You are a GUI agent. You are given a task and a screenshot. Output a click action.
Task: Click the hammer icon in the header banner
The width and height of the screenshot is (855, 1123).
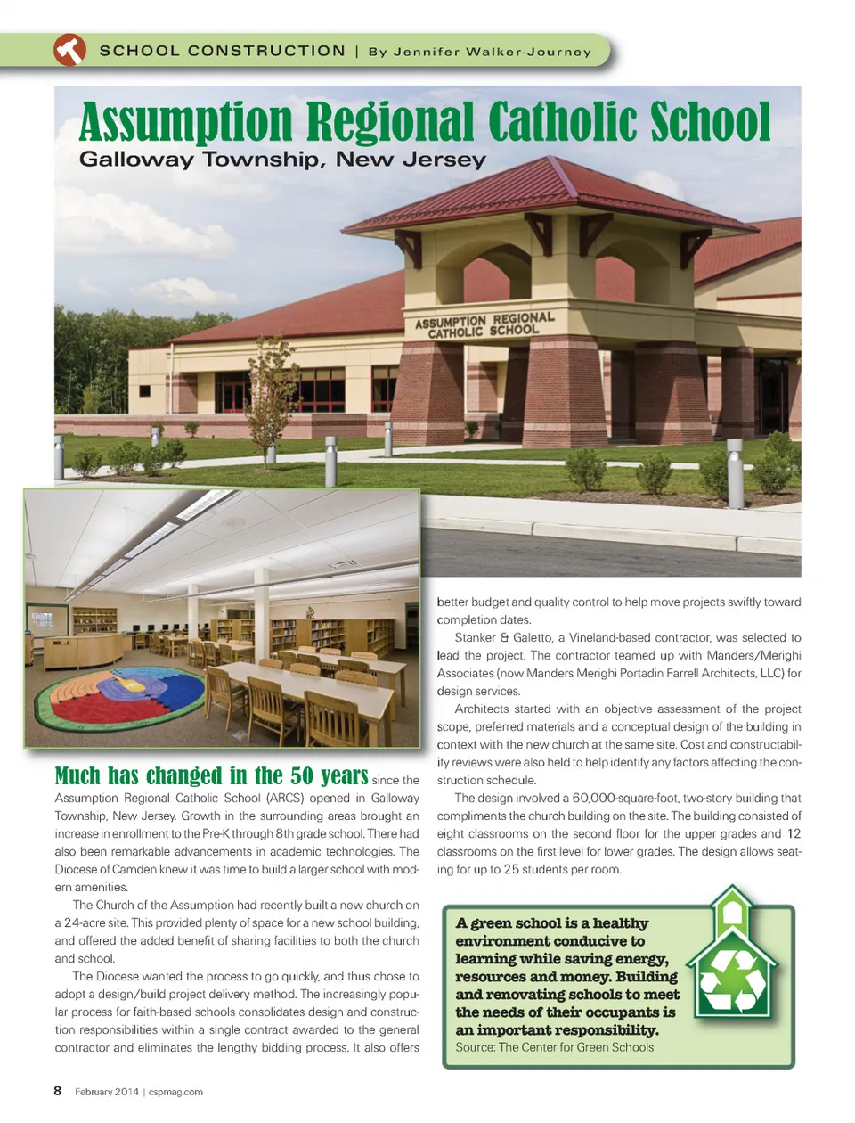pyautogui.click(x=69, y=50)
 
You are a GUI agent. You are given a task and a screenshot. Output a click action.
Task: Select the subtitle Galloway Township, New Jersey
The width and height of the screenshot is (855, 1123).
pyautogui.click(x=282, y=160)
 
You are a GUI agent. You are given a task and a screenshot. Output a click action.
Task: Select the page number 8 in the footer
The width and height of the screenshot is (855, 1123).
pyautogui.click(x=58, y=1091)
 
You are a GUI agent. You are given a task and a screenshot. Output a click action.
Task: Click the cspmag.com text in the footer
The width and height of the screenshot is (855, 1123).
pyautogui.click(x=175, y=1092)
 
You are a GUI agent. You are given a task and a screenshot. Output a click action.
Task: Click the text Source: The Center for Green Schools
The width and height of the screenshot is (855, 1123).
pyautogui.click(x=554, y=1047)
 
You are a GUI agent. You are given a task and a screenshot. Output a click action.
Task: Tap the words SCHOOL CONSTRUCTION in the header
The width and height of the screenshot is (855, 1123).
pyautogui.click(x=222, y=51)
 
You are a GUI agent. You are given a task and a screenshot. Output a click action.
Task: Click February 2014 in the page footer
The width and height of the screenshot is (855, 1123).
pyautogui.click(x=107, y=1092)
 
